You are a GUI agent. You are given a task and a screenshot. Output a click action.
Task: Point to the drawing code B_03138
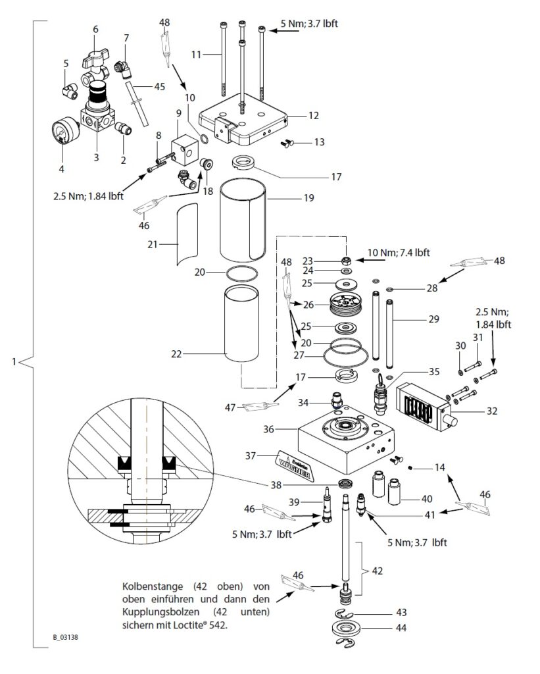[66, 637]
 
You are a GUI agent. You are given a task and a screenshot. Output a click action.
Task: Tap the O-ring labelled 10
[206, 140]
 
